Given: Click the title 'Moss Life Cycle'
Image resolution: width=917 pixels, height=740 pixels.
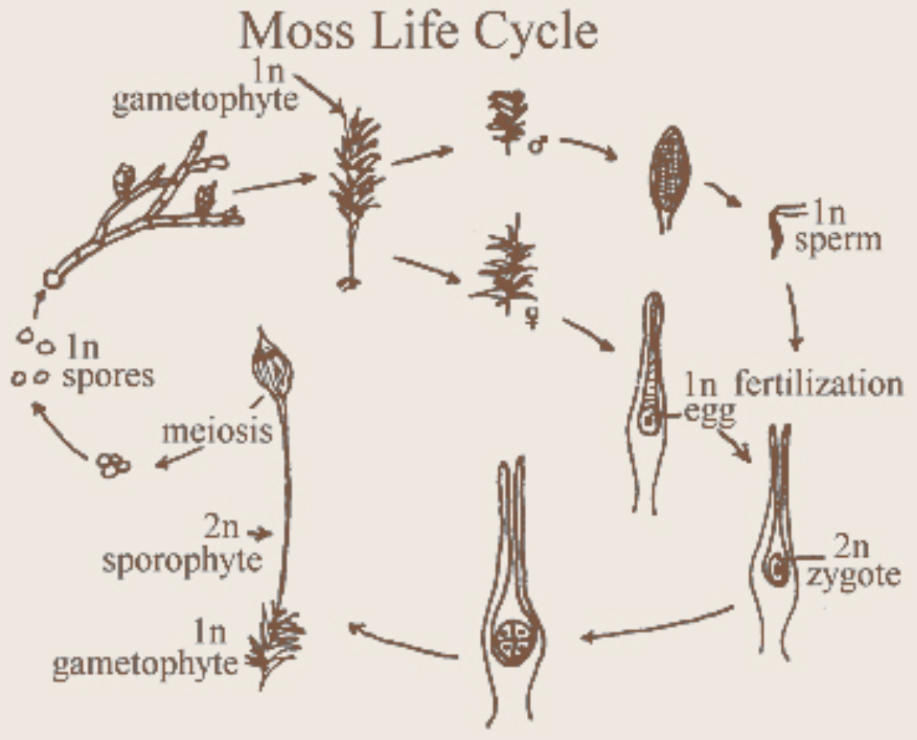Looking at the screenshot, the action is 418,32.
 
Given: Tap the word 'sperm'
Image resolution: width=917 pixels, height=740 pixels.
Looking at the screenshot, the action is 838,241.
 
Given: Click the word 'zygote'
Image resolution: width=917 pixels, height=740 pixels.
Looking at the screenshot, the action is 853,574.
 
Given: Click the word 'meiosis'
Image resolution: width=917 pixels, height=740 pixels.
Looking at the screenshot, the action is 217,431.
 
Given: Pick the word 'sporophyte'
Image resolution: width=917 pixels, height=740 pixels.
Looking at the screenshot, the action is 182,561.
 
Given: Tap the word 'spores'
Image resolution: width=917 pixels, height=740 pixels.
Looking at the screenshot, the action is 108,376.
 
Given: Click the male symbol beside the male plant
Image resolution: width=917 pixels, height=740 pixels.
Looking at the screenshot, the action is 537,144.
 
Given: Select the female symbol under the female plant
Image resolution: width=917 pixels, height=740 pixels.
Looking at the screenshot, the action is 531,318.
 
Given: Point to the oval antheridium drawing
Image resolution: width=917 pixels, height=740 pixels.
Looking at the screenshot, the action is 669,177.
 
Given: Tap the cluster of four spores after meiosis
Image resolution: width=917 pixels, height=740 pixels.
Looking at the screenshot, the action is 113,465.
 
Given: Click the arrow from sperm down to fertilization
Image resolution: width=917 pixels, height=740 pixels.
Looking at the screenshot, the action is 793,316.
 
